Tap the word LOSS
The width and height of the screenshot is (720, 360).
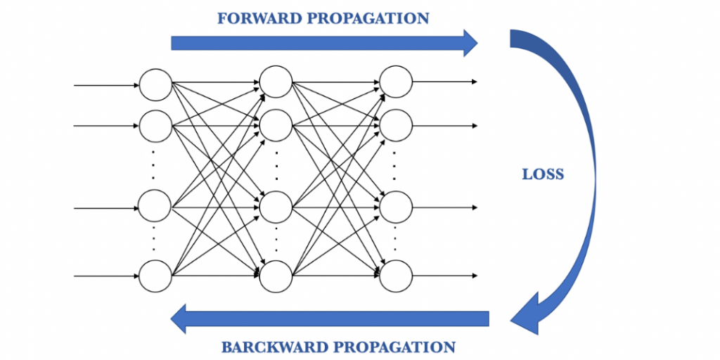(x=543, y=174)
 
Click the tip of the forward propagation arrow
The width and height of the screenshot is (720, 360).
(x=476, y=43)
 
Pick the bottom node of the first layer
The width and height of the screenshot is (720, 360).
(x=155, y=275)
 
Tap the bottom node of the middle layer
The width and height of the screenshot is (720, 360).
(x=276, y=276)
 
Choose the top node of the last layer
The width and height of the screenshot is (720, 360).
(x=396, y=82)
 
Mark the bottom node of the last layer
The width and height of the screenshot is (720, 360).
(x=396, y=275)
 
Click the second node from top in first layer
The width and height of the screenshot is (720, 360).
(x=155, y=126)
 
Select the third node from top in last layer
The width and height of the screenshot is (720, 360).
(x=396, y=207)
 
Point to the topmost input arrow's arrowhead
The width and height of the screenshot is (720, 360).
(x=136, y=86)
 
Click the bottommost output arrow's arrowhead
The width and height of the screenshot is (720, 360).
(x=475, y=275)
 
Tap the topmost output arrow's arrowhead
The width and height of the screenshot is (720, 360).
(x=475, y=82)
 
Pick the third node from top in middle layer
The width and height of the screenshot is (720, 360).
(x=276, y=207)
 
